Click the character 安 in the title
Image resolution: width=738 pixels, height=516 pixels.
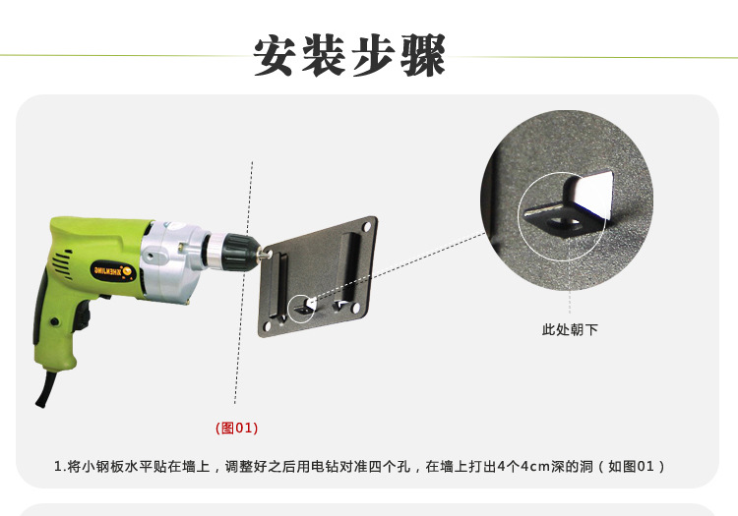[276, 55]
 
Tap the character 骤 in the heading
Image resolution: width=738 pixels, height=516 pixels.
[423, 55]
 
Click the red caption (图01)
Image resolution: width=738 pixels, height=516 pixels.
[237, 428]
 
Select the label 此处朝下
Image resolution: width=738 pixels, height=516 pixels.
[570, 329]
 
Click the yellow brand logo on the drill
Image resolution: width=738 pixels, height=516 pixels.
[113, 271]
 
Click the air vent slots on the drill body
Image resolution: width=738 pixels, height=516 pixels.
[62, 263]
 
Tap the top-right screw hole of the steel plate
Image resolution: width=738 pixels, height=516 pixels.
[366, 228]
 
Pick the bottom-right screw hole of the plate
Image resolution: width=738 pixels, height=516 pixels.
[356, 309]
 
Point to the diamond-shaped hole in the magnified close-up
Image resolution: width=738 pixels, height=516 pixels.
[566, 221]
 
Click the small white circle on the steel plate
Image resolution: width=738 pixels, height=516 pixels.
[301, 309]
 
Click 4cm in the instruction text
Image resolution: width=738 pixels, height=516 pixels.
[534, 466]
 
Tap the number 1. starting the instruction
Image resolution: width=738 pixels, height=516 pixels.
[59, 467]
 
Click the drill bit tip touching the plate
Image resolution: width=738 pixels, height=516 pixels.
[268, 254]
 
